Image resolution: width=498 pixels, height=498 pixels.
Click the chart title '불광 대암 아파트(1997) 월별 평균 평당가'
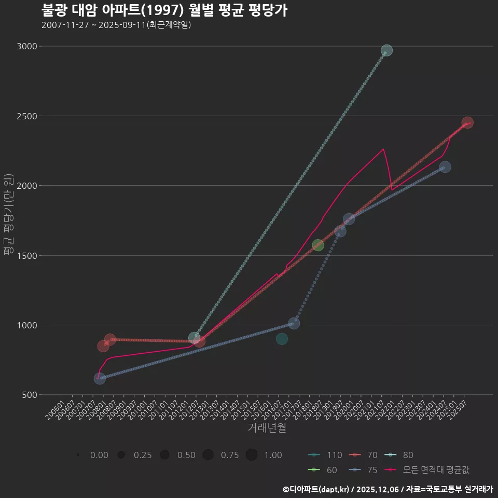point(164,10)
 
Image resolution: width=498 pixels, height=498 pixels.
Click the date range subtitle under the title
point(116,25)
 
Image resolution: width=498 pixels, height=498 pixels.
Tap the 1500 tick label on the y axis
point(26,256)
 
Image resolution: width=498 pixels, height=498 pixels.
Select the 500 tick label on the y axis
point(29,395)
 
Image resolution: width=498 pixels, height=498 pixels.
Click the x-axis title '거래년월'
point(267,428)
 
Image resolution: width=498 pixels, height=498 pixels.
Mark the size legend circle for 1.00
point(252,455)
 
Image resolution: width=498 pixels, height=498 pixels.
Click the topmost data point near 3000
point(386,50)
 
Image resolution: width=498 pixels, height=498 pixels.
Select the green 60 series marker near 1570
point(318,245)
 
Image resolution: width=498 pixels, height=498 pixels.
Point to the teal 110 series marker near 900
point(282,339)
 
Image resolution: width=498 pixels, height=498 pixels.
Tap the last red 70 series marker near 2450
point(467,123)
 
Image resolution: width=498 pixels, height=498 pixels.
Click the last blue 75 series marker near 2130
point(445,167)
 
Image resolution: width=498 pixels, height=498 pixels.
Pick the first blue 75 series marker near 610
point(100,379)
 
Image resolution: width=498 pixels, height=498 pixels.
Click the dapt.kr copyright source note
point(388,489)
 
